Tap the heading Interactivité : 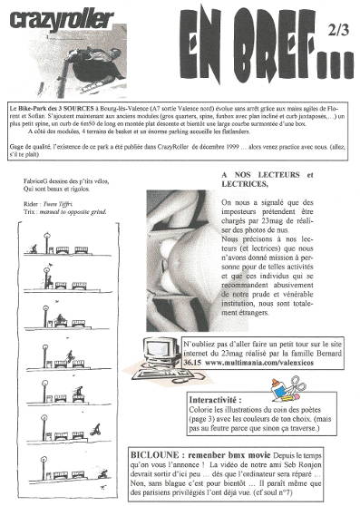(218, 399)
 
